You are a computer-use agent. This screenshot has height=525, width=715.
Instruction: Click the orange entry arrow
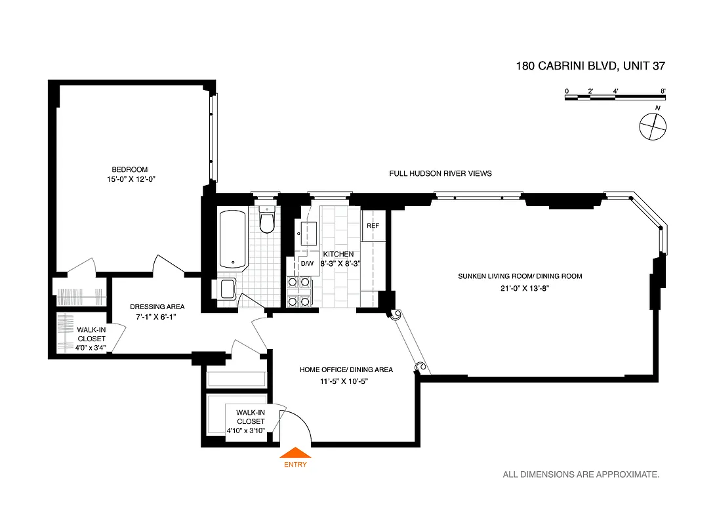click(x=295, y=452)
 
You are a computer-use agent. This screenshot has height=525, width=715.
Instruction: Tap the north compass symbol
click(x=653, y=125)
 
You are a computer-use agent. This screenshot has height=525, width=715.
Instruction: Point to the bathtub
click(x=232, y=239)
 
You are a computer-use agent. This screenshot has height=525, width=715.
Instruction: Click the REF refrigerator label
click(x=373, y=226)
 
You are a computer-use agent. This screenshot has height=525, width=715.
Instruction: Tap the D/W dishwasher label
click(x=307, y=264)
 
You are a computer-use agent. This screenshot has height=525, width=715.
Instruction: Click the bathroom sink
click(x=227, y=288)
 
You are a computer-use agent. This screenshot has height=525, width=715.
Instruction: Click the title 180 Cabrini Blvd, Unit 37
click(x=591, y=66)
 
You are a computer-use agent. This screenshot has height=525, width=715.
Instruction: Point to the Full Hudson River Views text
click(x=440, y=173)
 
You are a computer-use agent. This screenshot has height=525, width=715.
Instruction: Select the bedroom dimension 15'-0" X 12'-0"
click(x=129, y=178)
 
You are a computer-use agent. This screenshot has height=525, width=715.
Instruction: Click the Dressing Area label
click(x=157, y=306)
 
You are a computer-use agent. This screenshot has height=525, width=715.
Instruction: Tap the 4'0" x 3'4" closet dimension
click(x=91, y=347)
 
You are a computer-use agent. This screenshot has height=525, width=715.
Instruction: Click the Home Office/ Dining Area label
click(x=346, y=369)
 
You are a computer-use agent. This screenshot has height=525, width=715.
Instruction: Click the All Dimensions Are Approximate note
click(x=581, y=474)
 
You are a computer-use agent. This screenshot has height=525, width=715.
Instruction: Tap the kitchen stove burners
click(x=299, y=291)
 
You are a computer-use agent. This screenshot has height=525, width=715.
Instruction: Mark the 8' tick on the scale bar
click(x=664, y=98)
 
